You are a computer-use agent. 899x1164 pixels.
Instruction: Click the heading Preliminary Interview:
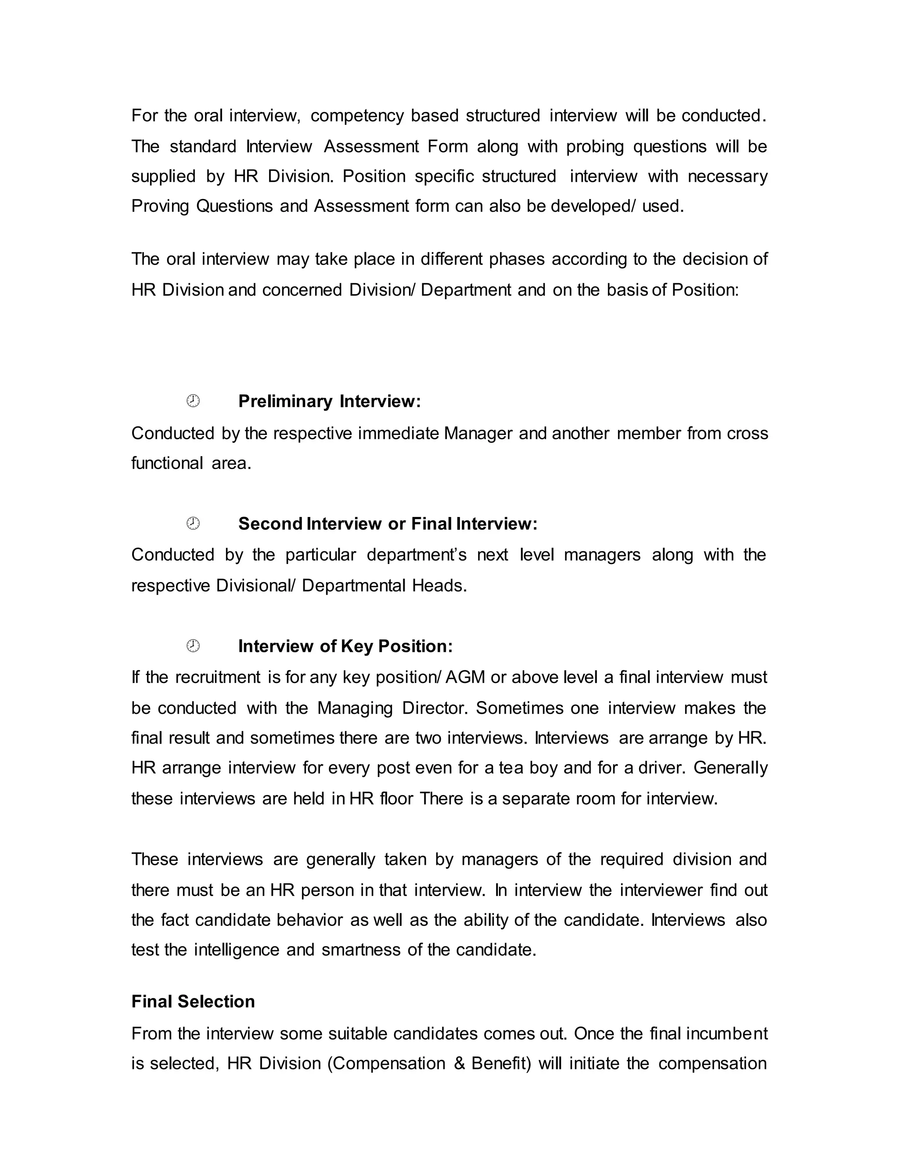pyautogui.click(x=329, y=401)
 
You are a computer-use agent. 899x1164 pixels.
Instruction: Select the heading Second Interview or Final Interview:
pyautogui.click(x=388, y=524)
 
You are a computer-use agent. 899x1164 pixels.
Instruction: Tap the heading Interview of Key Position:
pyautogui.click(x=345, y=647)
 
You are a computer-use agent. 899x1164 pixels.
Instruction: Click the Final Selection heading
pyautogui.click(x=193, y=1001)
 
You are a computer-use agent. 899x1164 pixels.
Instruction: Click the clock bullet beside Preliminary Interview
pyautogui.click(x=193, y=401)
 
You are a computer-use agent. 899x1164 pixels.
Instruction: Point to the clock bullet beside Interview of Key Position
pyautogui.click(x=193, y=646)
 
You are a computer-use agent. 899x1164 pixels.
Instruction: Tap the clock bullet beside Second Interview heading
pyautogui.click(x=193, y=524)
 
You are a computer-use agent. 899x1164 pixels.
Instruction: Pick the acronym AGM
pyautogui.click(x=465, y=677)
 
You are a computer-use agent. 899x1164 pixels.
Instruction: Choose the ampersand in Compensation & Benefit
pyautogui.click(x=460, y=1063)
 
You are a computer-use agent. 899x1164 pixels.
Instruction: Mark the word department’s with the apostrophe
pyautogui.click(x=417, y=555)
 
